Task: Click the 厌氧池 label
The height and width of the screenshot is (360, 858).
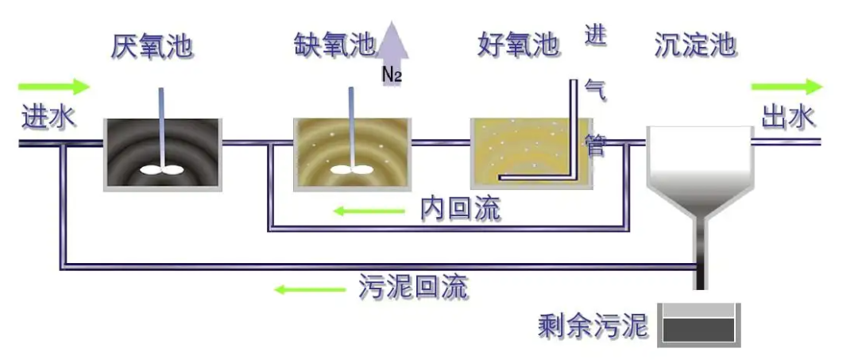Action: pyautogui.click(x=153, y=46)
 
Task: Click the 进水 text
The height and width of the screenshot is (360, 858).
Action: pyautogui.click(x=48, y=118)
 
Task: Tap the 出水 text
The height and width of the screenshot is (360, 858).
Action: pyautogui.click(x=789, y=118)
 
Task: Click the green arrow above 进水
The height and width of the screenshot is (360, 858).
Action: pyautogui.click(x=54, y=86)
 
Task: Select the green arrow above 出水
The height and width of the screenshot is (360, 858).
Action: pyautogui.click(x=786, y=87)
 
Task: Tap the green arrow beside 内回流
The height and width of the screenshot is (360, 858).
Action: pyautogui.click(x=369, y=211)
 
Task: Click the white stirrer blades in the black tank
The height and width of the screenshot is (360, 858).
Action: pyautogui.click(x=162, y=168)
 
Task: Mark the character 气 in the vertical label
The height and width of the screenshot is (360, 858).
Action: pyautogui.click(x=596, y=90)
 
